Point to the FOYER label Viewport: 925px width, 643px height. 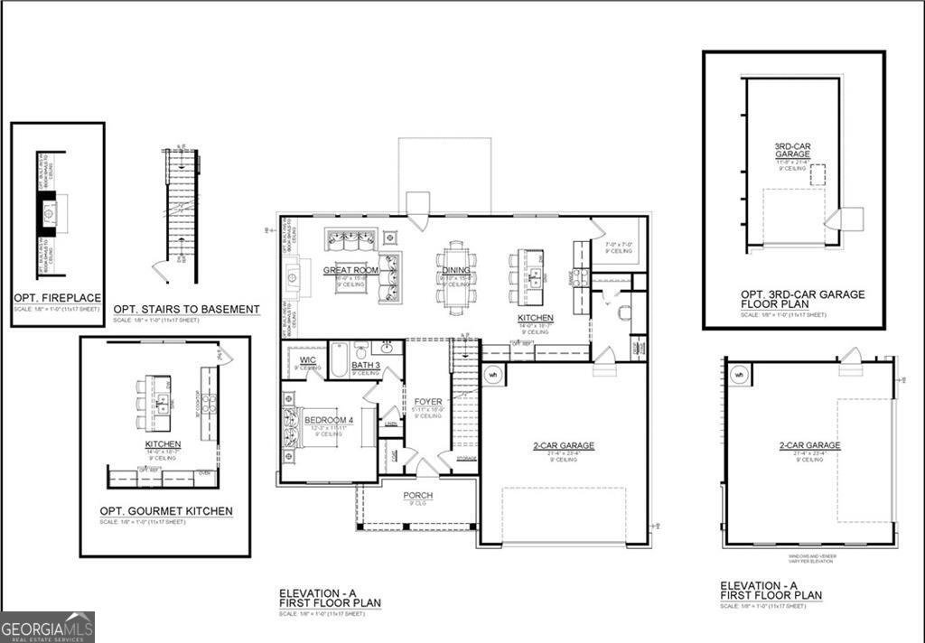point(428,402)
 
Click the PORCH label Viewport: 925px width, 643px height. point(417,496)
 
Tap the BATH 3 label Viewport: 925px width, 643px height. point(365,365)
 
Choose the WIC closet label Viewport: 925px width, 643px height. point(308,360)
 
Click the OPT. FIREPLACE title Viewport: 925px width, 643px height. point(57,299)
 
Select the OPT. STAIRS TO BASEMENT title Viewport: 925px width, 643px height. point(186,310)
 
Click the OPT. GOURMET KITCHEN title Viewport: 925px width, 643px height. point(165,511)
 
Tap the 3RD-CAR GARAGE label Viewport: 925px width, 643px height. point(791,151)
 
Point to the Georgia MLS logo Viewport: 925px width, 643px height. point(47,627)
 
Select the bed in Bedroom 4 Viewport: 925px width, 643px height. point(294,425)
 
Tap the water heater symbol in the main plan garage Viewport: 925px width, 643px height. point(493,374)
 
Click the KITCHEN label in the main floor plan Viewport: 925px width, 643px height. point(535,319)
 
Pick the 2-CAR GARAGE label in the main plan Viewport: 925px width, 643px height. point(564,446)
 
